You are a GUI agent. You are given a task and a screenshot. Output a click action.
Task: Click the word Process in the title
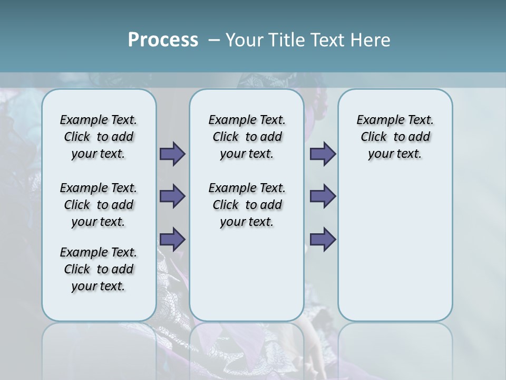(163, 40)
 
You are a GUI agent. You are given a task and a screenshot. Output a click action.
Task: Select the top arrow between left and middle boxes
(172, 154)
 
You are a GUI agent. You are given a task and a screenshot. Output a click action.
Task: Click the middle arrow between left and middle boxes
(172, 196)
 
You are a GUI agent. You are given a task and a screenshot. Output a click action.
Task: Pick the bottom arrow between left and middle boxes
(172, 239)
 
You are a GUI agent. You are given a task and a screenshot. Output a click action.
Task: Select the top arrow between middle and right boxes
(323, 154)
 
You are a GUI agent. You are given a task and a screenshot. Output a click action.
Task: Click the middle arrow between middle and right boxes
(323, 196)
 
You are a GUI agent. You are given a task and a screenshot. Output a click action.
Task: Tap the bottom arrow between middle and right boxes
(323, 239)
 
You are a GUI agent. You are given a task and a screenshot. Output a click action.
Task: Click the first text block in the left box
(99, 137)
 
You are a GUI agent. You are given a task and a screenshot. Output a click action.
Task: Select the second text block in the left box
(99, 205)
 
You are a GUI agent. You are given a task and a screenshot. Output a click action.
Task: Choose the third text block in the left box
(99, 269)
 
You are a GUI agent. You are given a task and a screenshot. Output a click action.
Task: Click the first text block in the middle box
(247, 137)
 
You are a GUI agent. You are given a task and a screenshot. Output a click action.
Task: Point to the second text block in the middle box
(247, 205)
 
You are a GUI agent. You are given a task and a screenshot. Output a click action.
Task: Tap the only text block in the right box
(395, 137)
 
